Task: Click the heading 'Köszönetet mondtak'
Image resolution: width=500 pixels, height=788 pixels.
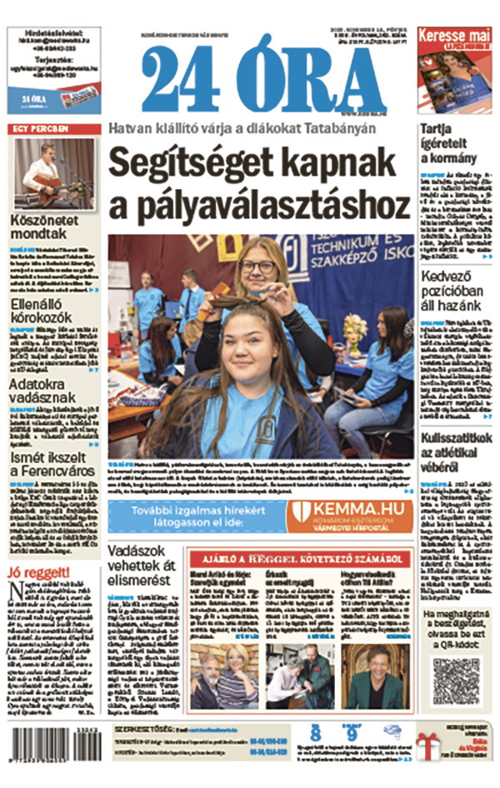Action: [x=46, y=229]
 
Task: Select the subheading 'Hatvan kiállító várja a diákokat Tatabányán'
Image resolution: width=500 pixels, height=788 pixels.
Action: [x=242, y=128]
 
